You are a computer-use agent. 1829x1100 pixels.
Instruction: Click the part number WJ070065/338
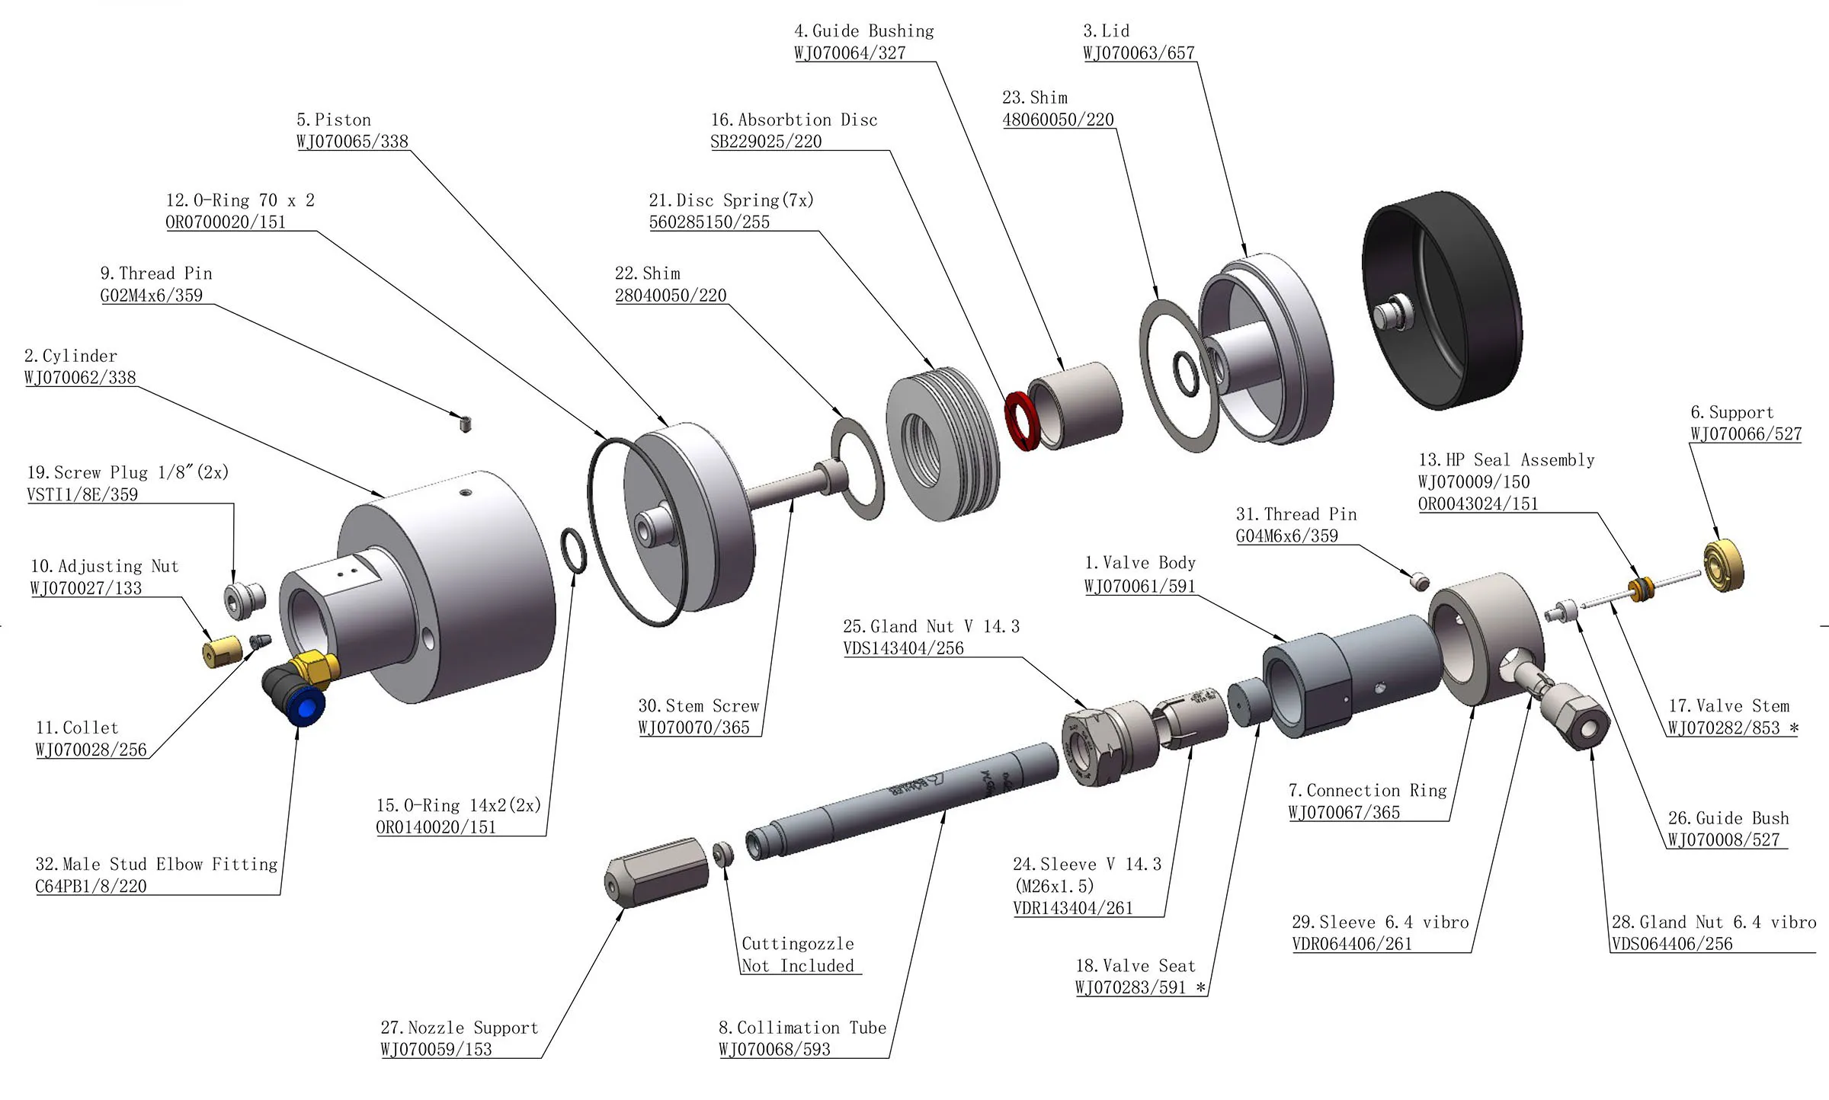coord(352,142)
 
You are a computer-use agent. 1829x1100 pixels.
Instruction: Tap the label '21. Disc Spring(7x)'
coord(731,200)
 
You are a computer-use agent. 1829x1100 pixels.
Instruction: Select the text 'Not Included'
coord(798,966)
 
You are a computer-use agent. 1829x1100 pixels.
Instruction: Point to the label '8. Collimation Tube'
coord(802,1028)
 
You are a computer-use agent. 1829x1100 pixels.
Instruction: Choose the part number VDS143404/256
coord(903,648)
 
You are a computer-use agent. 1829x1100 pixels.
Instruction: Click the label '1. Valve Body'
coord(1140,563)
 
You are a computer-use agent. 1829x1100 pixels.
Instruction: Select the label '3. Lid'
coord(1107,31)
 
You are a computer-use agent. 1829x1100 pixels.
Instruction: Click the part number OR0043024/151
coord(1478,504)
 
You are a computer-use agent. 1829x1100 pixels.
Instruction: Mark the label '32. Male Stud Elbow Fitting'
coord(156,864)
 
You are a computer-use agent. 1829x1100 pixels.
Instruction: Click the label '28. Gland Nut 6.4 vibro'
coord(1713,923)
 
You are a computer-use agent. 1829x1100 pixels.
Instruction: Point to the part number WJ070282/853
coord(1724,728)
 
